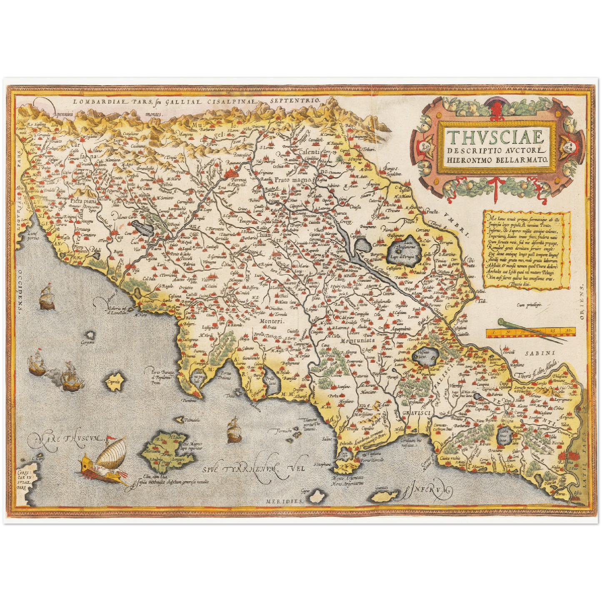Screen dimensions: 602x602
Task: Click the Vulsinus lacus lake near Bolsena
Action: (425, 357)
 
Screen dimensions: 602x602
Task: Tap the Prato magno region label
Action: (293, 180)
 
